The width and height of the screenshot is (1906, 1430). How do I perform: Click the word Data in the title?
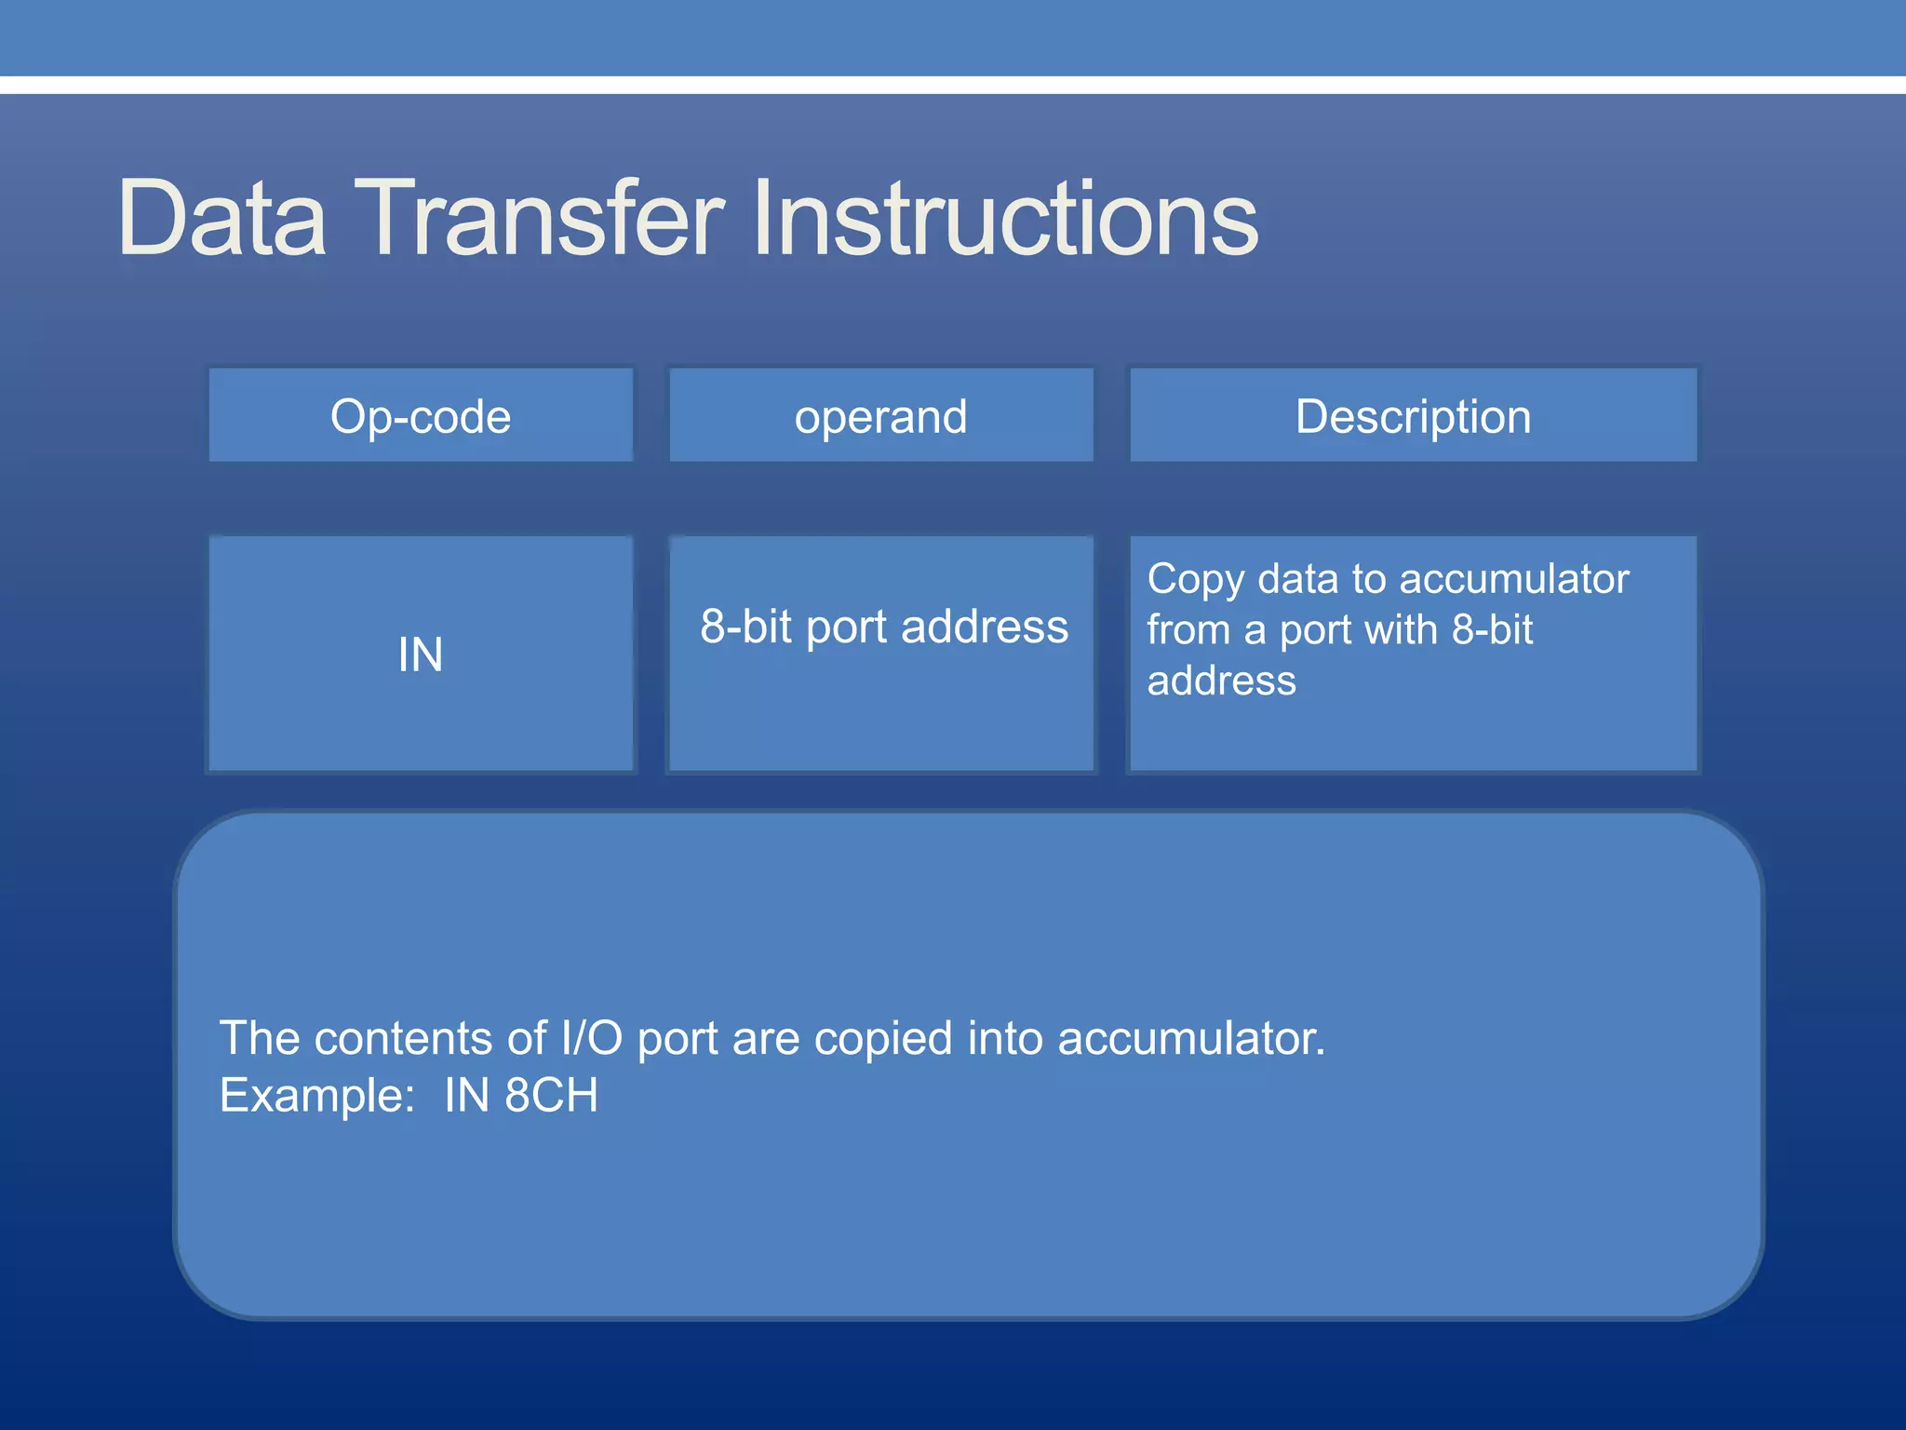coord(222,219)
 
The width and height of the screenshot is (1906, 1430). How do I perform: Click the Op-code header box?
coord(421,416)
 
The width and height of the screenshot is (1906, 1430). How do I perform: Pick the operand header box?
coord(880,416)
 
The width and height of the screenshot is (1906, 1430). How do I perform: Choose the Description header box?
coord(1413,416)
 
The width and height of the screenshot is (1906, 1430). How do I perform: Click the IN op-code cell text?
coord(421,654)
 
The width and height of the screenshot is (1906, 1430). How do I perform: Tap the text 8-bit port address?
coord(884,627)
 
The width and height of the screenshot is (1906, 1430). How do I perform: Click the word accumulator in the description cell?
coord(1514,579)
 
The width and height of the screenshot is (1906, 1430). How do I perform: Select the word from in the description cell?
coord(1188,630)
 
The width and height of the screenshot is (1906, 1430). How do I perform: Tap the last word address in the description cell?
coord(1221,681)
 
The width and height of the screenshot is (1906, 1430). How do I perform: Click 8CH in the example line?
coord(551,1096)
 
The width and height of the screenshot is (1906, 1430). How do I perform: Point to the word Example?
coord(316,1096)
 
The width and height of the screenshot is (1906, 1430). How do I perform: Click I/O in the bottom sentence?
coord(591,1038)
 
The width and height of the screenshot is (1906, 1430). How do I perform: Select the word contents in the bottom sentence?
coord(403,1038)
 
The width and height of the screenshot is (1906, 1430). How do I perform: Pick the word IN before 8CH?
coord(466,1096)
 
